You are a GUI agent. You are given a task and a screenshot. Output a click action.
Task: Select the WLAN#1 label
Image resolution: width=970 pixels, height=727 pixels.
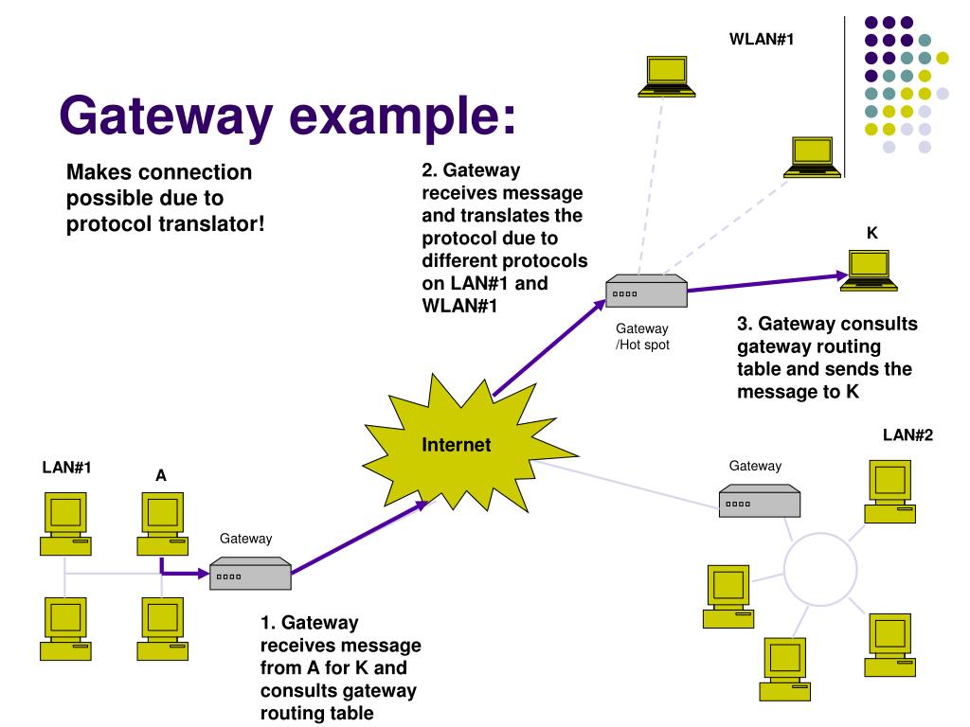click(761, 39)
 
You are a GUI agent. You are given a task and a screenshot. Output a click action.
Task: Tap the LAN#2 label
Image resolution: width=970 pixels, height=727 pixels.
click(907, 435)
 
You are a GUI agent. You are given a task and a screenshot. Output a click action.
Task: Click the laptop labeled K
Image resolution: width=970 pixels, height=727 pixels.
click(869, 269)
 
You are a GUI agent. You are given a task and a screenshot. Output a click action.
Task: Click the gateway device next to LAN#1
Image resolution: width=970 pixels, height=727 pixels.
click(250, 574)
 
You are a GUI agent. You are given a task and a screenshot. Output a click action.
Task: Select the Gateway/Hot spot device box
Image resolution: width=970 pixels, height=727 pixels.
click(647, 292)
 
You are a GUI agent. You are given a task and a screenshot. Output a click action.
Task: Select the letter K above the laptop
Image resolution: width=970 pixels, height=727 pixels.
click(871, 233)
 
